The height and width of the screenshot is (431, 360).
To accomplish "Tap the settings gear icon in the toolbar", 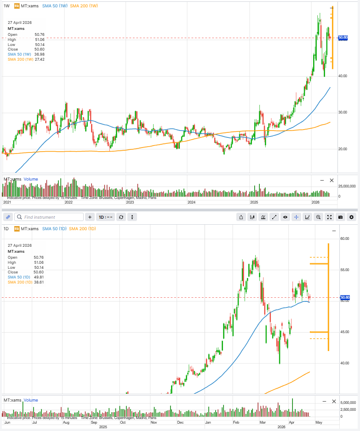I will pos(352,217).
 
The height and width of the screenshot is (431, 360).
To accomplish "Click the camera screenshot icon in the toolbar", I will pos(341,217).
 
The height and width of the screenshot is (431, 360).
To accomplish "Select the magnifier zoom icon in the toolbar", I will pos(318,217).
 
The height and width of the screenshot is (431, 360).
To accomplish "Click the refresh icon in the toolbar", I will pos(121,217).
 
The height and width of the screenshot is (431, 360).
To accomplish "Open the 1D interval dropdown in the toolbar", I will pos(105,217).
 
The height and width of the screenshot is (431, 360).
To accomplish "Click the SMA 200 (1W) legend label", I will pos(84,6).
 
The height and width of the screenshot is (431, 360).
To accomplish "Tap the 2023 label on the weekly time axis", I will pos(130,202).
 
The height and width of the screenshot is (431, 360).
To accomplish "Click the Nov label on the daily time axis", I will pos(154,422).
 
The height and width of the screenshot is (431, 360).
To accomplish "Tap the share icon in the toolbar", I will pos(241,217).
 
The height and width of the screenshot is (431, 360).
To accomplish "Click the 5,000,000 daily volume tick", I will pos(348,402).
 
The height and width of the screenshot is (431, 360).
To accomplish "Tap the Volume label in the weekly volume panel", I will pos(31,179).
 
